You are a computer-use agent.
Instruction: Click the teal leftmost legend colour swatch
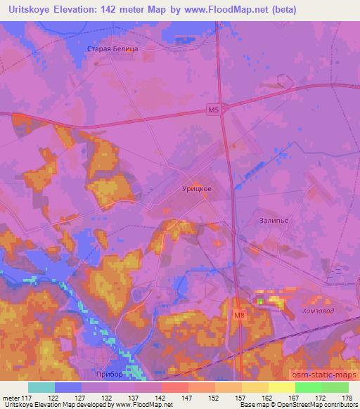tap(41, 387)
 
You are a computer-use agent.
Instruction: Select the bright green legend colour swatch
tap(308, 387)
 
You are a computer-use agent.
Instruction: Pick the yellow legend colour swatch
tap(281, 387)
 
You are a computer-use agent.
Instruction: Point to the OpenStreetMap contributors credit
tap(317, 405)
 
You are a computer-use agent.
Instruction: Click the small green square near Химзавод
tap(260, 301)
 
